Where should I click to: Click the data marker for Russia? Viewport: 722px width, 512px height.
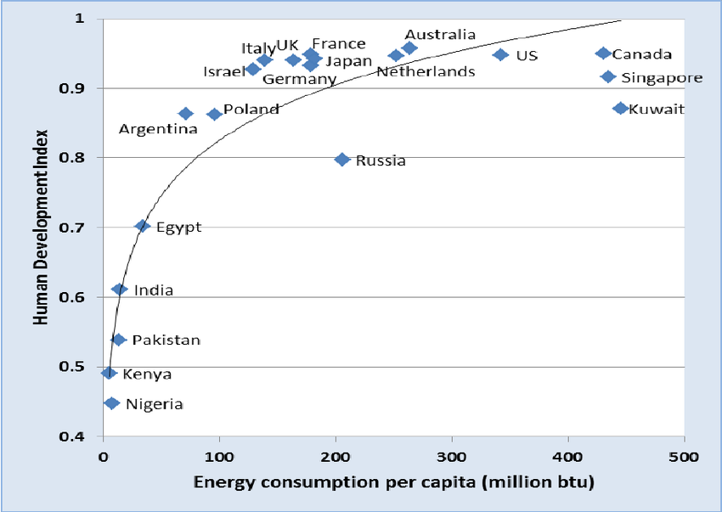tap(342, 160)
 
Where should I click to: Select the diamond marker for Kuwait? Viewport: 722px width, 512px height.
tap(621, 109)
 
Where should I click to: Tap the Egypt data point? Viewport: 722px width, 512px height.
tap(143, 226)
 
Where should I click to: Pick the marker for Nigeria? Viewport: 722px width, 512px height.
tap(111, 403)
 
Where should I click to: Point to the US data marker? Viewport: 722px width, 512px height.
tap(500, 55)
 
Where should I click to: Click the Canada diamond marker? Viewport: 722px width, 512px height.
tap(603, 53)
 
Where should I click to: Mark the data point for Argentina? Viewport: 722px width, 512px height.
tap(186, 114)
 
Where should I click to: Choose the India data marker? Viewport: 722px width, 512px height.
tap(120, 290)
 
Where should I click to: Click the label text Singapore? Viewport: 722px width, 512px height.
tap(663, 78)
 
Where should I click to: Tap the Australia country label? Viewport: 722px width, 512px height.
tap(440, 35)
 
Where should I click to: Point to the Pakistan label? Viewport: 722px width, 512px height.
tap(166, 340)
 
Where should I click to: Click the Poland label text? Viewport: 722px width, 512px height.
tap(251, 110)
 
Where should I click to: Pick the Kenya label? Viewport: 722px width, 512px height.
tap(147, 374)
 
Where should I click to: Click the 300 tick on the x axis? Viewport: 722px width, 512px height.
tap(451, 456)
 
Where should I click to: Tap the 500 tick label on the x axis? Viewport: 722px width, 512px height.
tap(684, 456)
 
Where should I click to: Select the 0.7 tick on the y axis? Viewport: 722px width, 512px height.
tap(79, 228)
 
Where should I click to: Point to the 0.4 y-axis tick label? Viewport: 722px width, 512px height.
tap(79, 436)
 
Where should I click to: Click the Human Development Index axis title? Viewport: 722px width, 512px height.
tap(41, 227)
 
